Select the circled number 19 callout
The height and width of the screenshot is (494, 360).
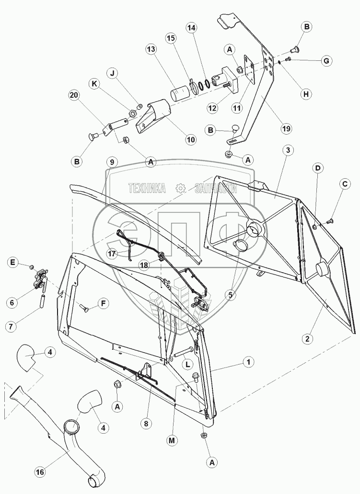click(x=285, y=128)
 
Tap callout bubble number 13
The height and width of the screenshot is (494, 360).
click(x=151, y=50)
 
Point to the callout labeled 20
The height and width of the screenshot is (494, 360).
click(x=74, y=95)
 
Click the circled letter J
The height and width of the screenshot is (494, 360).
click(x=113, y=74)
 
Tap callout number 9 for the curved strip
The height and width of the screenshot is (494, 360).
click(x=112, y=162)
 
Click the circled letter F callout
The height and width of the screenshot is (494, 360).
click(x=103, y=303)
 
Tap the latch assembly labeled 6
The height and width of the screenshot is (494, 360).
click(x=39, y=282)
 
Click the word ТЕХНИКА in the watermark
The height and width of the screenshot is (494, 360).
click(x=147, y=188)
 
